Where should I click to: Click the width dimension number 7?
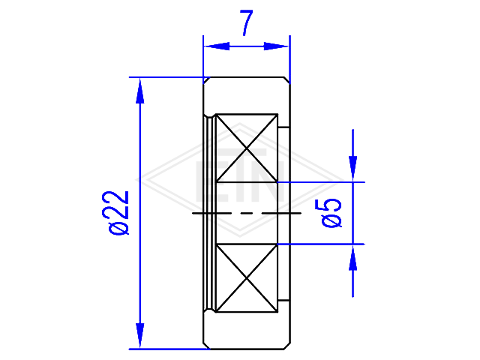click(247, 22)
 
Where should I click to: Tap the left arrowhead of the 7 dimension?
click(217, 46)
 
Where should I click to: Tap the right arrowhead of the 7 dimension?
click(277, 46)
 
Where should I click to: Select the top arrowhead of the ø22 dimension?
click(140, 91)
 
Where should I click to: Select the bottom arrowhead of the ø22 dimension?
click(140, 336)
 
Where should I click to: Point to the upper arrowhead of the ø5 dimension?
click(353, 169)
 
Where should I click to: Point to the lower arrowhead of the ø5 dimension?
click(353, 258)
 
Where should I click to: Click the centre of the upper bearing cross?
click(247, 148)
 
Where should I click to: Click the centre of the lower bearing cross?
click(247, 278)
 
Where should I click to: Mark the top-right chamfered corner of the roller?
click(287, 80)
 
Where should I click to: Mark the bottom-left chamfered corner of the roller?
click(207, 346)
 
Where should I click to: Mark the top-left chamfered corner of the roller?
click(207, 80)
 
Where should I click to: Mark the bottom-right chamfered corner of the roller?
click(287, 346)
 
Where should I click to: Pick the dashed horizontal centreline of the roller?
click(247, 213)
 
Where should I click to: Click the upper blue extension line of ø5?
click(321, 182)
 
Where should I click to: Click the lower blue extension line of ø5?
click(321, 244)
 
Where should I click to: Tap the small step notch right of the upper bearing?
click(283, 127)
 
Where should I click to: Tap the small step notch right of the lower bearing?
click(283, 300)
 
